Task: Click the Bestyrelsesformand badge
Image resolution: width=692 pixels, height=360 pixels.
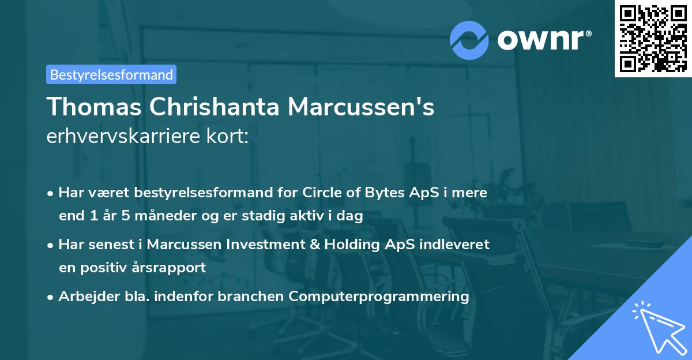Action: [111, 74]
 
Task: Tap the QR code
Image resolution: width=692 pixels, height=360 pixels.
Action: [653, 38]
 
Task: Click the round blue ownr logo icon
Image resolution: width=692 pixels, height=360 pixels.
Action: [469, 40]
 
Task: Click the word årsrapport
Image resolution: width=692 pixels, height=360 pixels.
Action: [171, 268]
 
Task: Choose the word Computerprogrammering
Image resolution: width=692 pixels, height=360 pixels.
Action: [379, 296]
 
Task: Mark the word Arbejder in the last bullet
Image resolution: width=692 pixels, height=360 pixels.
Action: [84, 296]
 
